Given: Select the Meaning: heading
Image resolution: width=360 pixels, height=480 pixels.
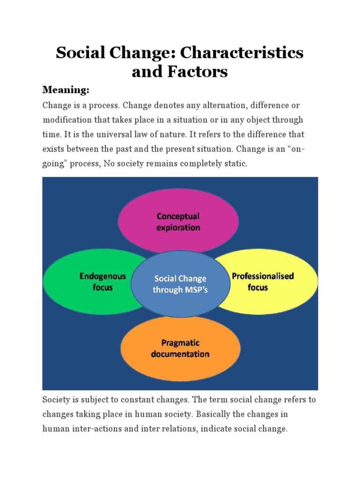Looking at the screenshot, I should (66, 90).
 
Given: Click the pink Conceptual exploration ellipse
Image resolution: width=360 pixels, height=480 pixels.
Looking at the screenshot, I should (178, 222).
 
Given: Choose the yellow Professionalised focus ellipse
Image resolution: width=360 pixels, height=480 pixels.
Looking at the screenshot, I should (272, 281).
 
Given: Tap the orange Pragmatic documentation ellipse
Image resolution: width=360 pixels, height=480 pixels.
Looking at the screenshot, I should (180, 348).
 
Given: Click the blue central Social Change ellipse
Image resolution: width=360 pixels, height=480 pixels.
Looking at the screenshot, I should (180, 284).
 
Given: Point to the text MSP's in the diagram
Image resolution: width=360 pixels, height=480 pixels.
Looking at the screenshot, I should (197, 290).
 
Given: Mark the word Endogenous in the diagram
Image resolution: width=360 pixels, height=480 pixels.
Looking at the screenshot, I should (103, 276).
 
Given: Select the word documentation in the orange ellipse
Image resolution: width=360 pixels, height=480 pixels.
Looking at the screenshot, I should (180, 354).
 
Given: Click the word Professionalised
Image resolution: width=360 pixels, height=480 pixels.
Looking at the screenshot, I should (263, 276).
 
